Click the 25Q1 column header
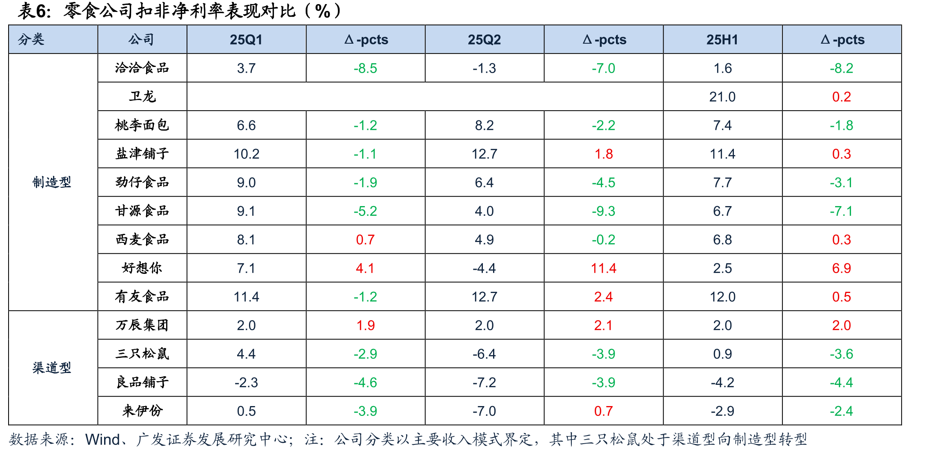point(246,40)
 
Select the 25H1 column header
point(722,40)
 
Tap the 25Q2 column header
point(484,40)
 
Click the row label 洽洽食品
point(142,68)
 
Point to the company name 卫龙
point(142,96)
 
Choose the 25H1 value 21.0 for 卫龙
point(722,97)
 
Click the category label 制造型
point(52,182)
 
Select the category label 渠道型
point(52,368)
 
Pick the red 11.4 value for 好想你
point(603,268)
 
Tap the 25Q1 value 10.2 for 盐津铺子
point(246,154)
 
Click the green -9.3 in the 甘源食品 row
point(603,211)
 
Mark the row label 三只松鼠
point(142,353)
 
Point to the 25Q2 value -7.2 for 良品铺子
point(484,382)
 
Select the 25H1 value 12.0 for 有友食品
point(722,297)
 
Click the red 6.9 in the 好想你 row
point(841,268)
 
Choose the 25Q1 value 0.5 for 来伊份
point(246,411)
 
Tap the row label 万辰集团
point(142,325)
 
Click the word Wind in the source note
point(102,440)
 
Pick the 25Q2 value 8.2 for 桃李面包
point(484,125)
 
